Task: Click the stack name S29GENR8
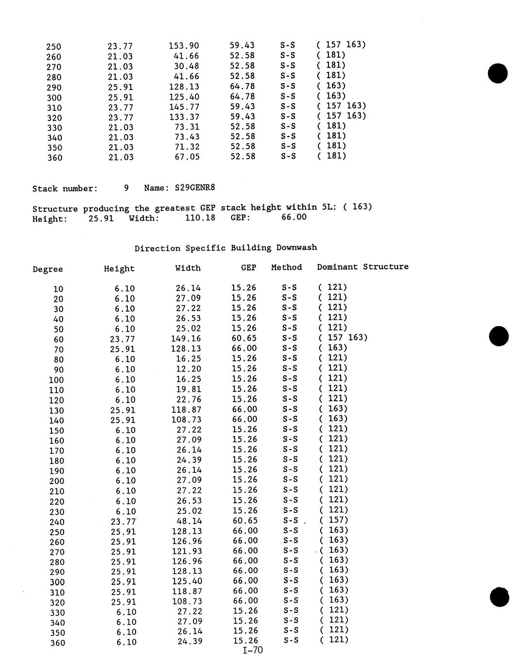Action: click(194, 187)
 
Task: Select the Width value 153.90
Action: click(184, 46)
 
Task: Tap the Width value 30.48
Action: click(187, 66)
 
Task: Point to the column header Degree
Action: click(48, 269)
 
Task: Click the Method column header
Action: click(286, 267)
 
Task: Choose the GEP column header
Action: click(248, 267)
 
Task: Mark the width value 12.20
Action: click(189, 369)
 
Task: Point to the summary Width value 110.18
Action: click(200, 217)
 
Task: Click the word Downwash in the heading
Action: click(296, 247)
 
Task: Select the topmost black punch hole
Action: click(498, 73)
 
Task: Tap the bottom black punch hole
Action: click(499, 597)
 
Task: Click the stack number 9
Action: click(126, 187)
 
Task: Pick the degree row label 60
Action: click(58, 339)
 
